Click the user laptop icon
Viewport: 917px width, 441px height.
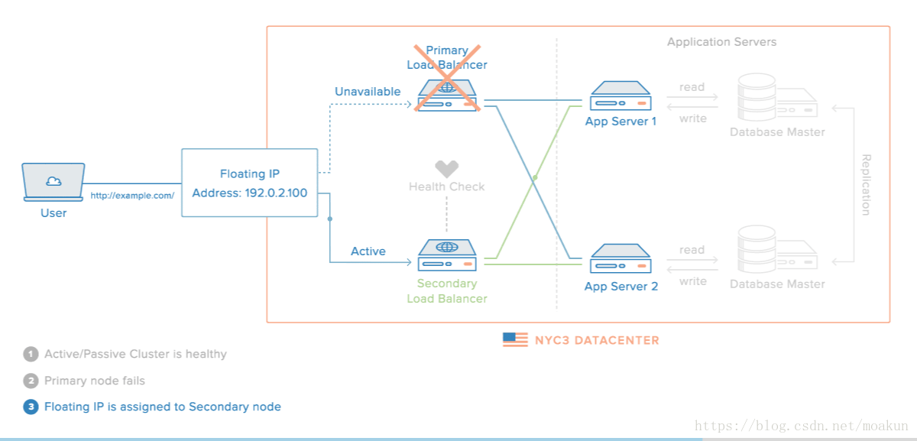53,182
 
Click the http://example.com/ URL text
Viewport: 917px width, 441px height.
132,196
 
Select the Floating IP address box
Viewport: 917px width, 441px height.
250,183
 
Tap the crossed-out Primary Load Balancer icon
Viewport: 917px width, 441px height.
447,95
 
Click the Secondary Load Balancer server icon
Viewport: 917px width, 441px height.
447,255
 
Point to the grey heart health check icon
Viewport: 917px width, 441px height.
446,169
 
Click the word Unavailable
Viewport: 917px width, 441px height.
368,91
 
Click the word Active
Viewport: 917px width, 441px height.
368,251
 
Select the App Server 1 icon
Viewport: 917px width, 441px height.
621,96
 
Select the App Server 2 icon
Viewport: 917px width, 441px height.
621,258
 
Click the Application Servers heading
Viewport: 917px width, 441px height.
721,42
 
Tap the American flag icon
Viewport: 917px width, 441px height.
515,340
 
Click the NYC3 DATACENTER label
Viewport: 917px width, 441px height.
597,340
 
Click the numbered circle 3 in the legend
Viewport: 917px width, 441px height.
31,407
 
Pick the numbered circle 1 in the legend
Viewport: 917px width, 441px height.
31,354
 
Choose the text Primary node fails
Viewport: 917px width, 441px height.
95,381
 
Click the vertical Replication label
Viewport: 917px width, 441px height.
865,185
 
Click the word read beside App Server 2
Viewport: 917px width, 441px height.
692,250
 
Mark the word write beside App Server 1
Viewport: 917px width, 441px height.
692,118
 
